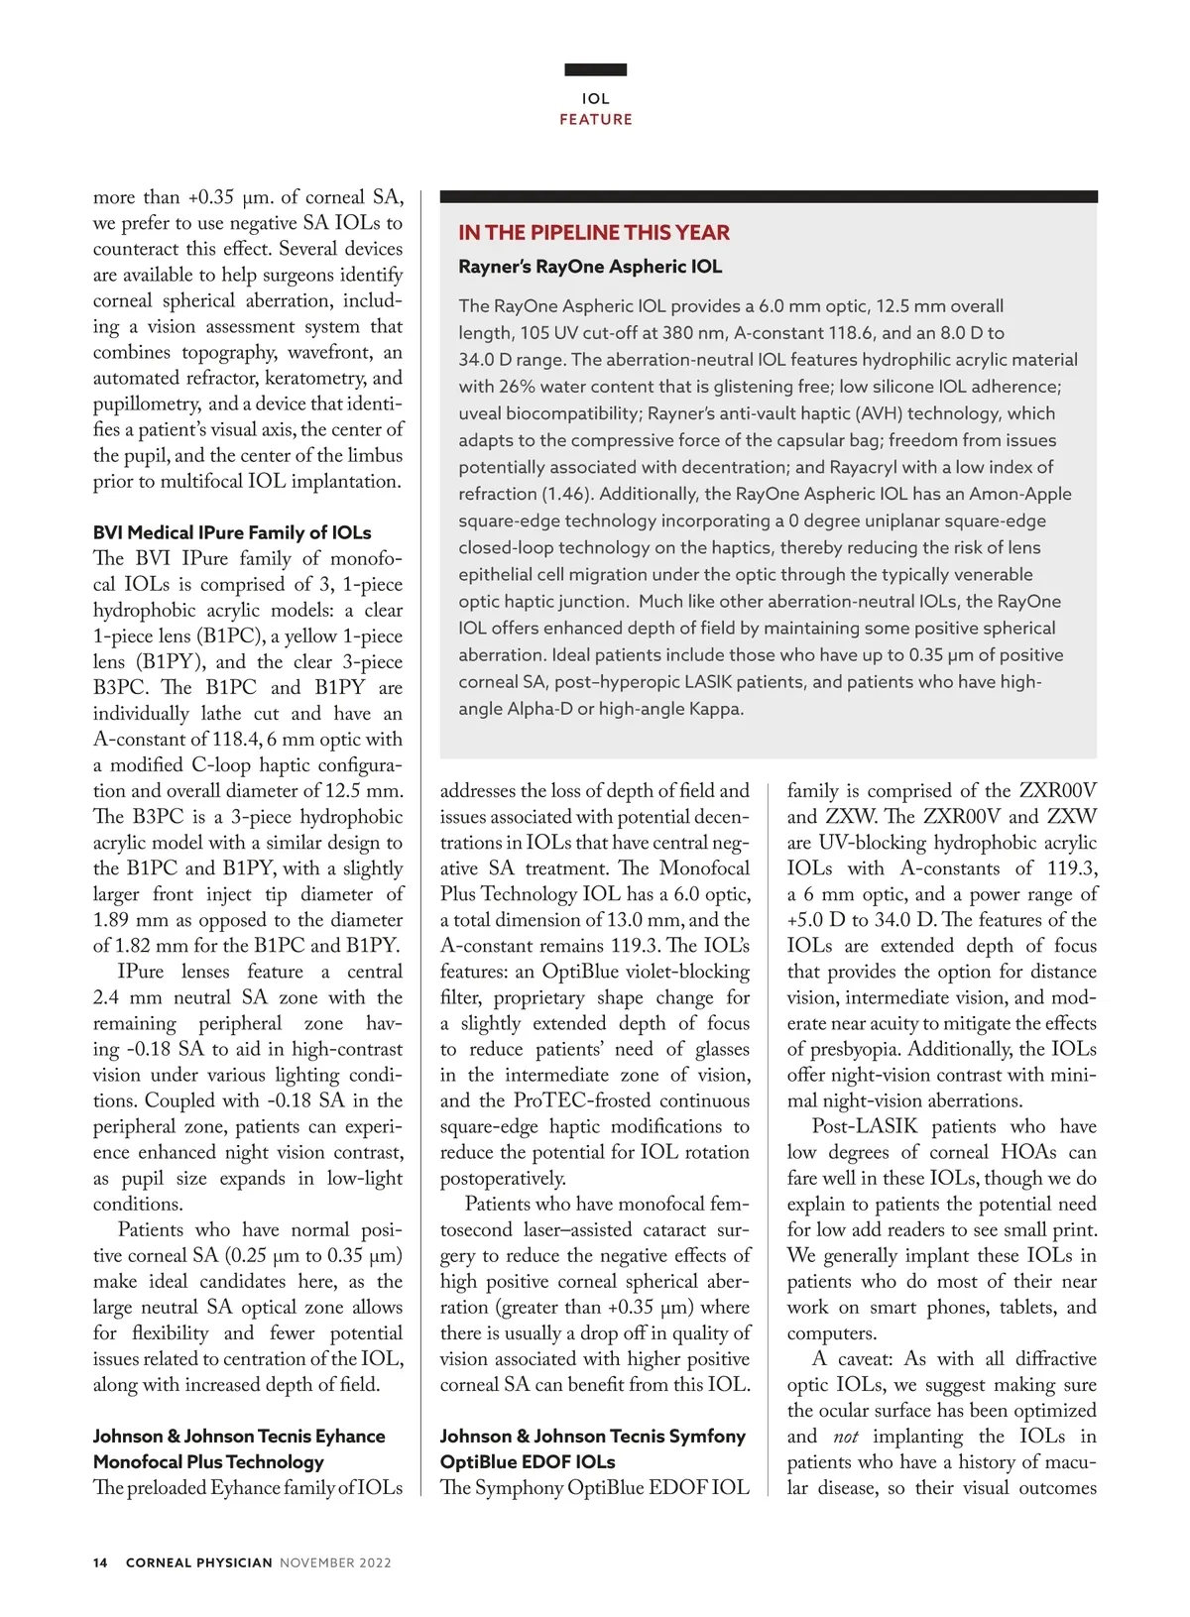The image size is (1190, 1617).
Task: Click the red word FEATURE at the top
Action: (595, 120)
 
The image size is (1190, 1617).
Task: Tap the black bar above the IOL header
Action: (595, 69)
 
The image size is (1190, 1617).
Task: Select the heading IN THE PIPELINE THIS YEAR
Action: (593, 233)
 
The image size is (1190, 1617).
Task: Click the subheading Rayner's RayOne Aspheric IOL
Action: (590, 267)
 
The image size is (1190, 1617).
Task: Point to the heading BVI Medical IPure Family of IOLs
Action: (232, 532)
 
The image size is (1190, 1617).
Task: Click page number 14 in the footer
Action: (100, 1562)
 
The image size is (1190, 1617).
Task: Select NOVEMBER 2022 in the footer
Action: (335, 1562)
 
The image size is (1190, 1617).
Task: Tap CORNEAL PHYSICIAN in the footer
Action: (198, 1562)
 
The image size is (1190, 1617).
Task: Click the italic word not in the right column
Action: (846, 1437)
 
